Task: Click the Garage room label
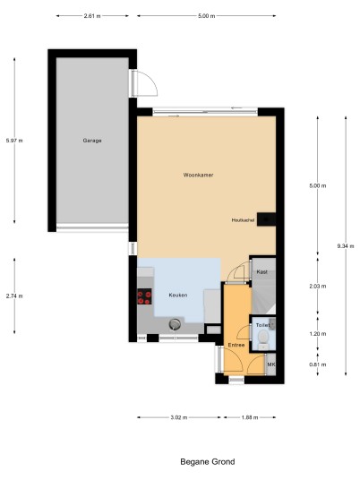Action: pyautogui.click(x=92, y=141)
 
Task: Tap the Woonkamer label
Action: pyautogui.click(x=199, y=176)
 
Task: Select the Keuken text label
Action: pyautogui.click(x=178, y=296)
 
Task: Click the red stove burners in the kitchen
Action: pyautogui.click(x=144, y=297)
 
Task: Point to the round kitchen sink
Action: pyautogui.click(x=175, y=324)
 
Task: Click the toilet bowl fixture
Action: pyautogui.click(x=263, y=338)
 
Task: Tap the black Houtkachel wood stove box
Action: pyautogui.click(x=266, y=219)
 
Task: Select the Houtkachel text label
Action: pyautogui.click(x=243, y=220)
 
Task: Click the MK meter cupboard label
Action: pyautogui.click(x=271, y=364)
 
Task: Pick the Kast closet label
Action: pyautogui.click(x=262, y=272)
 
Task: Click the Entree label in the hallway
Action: pyautogui.click(x=236, y=345)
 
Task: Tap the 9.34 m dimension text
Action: pyautogui.click(x=346, y=245)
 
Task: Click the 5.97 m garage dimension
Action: pyautogui.click(x=14, y=141)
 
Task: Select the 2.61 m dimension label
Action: pyautogui.click(x=92, y=16)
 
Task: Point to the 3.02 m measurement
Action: pyautogui.click(x=179, y=417)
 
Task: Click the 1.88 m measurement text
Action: pyautogui.click(x=250, y=417)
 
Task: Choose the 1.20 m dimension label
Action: pyautogui.click(x=318, y=334)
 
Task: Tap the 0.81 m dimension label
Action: pyautogui.click(x=318, y=364)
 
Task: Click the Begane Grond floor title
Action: pyautogui.click(x=208, y=461)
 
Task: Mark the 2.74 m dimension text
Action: pyautogui.click(x=14, y=296)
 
